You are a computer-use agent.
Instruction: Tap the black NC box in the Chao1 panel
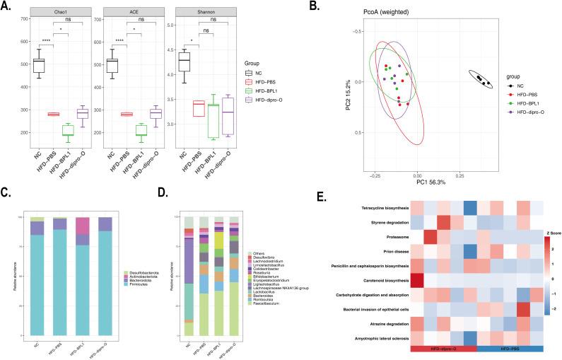coord(39,65)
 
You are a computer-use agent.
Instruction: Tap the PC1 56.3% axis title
coord(418,180)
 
